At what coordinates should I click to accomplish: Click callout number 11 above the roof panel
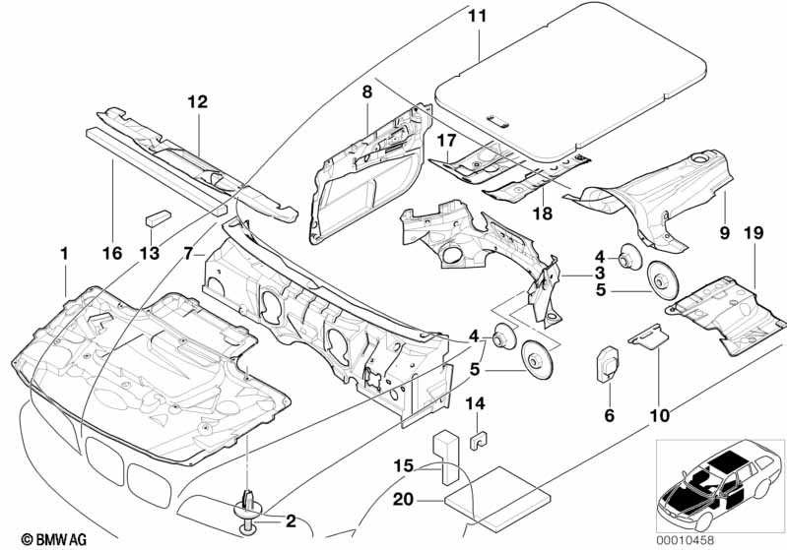click(478, 16)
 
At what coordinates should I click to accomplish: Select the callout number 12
click(198, 101)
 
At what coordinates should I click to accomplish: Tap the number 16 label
click(112, 253)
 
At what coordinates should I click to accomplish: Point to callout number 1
click(64, 253)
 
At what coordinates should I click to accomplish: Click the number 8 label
click(367, 92)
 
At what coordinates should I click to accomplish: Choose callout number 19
click(754, 232)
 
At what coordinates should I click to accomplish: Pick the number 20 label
click(404, 500)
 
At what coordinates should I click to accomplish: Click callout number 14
click(476, 403)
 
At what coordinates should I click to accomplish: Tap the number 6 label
click(610, 415)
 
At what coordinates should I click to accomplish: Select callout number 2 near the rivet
click(292, 520)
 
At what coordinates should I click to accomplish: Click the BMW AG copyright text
click(54, 539)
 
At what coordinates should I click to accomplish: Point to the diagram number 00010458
click(686, 540)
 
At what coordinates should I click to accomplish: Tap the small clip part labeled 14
click(480, 439)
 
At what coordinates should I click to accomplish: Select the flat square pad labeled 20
click(496, 498)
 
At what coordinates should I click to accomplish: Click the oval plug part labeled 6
click(608, 364)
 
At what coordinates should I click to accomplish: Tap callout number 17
click(446, 141)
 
